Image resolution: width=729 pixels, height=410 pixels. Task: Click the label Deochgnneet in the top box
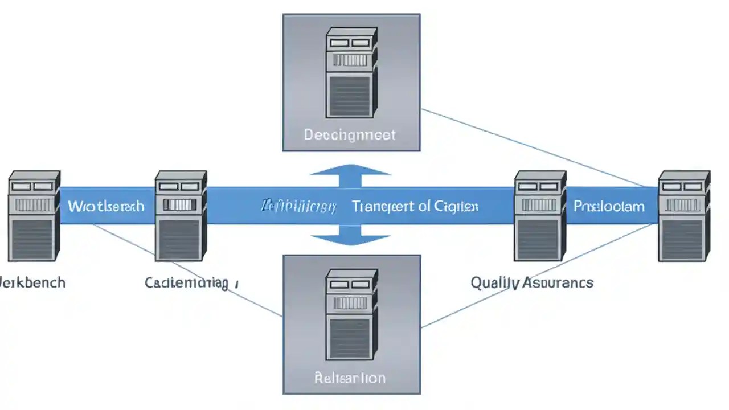[350, 135]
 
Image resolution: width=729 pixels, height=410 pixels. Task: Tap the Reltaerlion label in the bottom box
[350, 378]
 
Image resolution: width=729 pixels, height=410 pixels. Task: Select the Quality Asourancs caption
[531, 282]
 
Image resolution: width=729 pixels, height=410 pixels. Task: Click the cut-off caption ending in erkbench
[32, 282]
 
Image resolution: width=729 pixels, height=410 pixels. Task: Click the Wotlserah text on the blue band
[106, 206]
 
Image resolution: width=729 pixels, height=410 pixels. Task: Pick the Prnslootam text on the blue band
[609, 206]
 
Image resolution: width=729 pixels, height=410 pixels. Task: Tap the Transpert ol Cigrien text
[415, 206]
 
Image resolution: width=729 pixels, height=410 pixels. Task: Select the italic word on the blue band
[298, 206]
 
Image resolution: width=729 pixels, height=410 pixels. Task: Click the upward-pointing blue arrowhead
[350, 170]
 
